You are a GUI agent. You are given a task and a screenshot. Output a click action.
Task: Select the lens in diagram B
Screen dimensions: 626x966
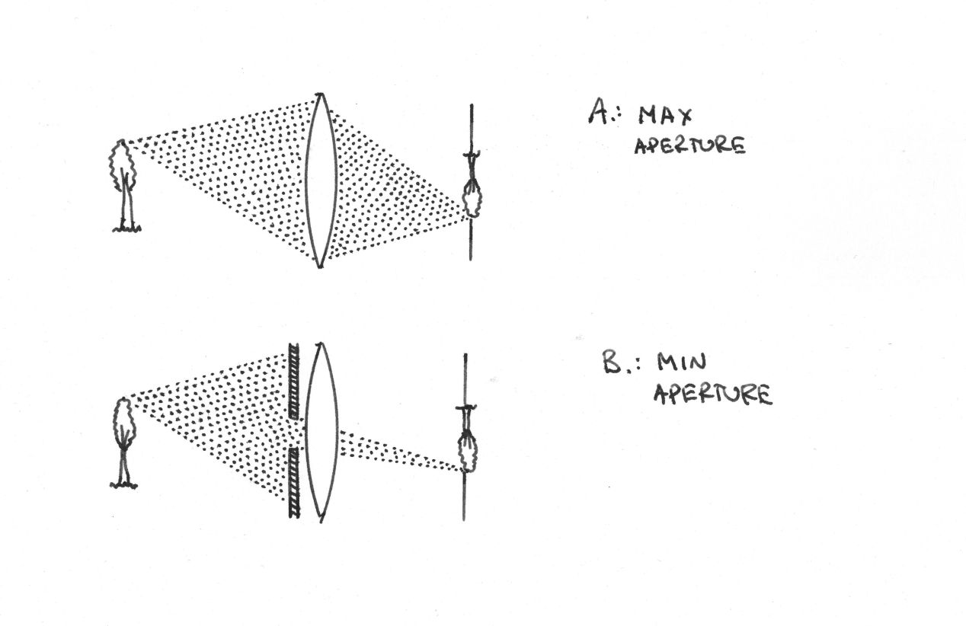pyautogui.click(x=321, y=432)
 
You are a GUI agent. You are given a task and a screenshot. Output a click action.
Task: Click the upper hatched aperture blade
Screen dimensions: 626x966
pyautogui.click(x=294, y=381)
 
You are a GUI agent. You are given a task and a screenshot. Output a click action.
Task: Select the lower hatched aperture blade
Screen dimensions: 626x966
pyautogui.click(x=294, y=483)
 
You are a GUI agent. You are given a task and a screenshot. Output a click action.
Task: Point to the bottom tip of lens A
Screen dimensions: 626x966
pyautogui.click(x=321, y=265)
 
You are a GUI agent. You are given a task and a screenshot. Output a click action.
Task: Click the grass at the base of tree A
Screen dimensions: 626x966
pyautogui.click(x=126, y=227)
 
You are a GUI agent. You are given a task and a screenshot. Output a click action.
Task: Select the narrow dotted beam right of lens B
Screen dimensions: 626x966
pyautogui.click(x=396, y=449)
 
